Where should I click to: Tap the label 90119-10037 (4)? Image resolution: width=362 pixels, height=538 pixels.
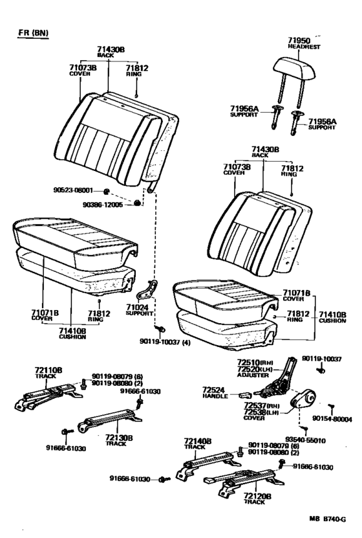[x=164, y=341]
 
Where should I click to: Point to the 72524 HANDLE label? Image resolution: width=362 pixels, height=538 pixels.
[x=213, y=392]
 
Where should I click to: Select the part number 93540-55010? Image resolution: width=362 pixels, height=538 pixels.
[x=306, y=439]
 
